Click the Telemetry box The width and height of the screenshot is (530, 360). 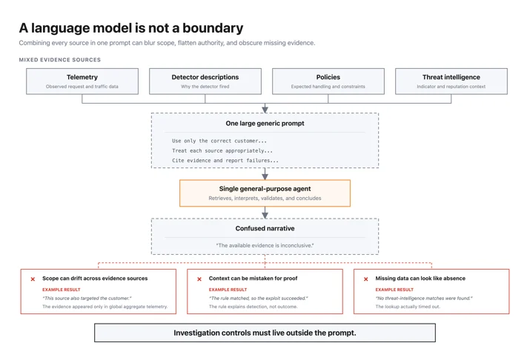[82, 81]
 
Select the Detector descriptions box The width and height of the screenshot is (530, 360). [205, 81]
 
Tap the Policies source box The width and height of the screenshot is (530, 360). [328, 81]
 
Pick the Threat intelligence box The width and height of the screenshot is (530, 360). [451, 81]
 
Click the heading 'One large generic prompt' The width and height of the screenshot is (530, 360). [265, 124]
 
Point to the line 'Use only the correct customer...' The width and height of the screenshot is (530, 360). [219, 141]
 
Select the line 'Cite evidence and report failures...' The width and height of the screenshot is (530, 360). [225, 161]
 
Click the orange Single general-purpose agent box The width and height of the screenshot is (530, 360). [265, 193]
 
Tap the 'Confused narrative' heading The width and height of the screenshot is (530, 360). [265, 228]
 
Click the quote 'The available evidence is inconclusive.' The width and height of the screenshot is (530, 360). [265, 245]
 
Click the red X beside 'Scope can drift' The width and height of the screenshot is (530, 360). [33, 279]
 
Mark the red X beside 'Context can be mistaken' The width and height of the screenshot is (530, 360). [199, 279]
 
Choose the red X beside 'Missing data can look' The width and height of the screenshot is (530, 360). [365, 279]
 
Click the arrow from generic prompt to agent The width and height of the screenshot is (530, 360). [265, 173]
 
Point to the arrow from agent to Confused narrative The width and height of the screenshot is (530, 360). [265, 213]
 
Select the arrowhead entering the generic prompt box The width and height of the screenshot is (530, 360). [265, 110]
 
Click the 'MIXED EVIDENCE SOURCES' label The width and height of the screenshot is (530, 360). [60, 60]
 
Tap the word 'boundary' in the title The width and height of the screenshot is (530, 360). [213, 28]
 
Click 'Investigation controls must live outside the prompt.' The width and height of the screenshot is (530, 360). [265, 333]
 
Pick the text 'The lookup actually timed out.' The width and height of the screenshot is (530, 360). [408, 307]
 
